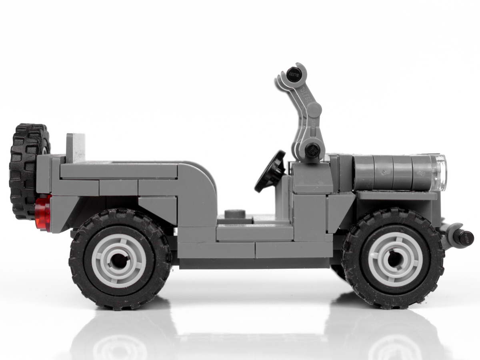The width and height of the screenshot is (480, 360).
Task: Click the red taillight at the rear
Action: click(x=43, y=213)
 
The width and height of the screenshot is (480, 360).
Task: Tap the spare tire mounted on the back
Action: click(x=25, y=172)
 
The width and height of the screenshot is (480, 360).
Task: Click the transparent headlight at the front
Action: click(x=440, y=172)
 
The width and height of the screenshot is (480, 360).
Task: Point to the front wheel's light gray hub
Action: click(x=395, y=259)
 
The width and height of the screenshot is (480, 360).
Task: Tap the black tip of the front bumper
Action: click(x=466, y=238)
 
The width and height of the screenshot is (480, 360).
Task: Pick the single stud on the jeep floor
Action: click(x=235, y=214)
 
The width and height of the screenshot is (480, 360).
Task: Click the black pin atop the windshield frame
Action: click(x=294, y=74)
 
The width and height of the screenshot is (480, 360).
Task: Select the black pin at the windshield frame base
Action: click(x=312, y=150)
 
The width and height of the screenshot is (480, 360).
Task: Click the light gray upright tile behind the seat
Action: click(x=76, y=148)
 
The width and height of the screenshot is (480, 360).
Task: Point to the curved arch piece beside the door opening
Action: click(x=198, y=192)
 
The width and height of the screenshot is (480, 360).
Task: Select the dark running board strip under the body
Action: click(x=256, y=263)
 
